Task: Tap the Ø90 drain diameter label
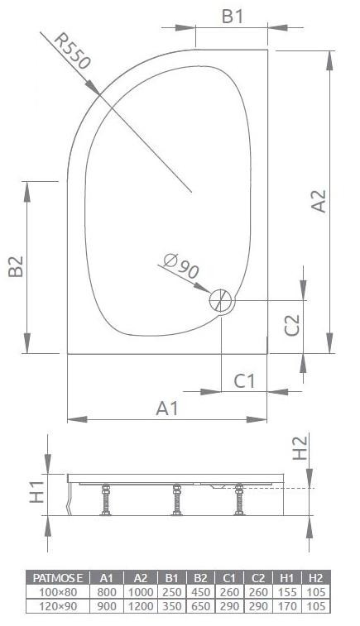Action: [181, 269]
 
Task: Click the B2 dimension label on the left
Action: [14, 266]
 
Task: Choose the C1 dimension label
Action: [245, 381]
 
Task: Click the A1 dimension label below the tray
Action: [168, 409]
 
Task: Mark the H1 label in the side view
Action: [36, 494]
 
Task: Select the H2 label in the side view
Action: [300, 447]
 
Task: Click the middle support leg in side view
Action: [175, 500]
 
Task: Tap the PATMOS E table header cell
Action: [59, 577]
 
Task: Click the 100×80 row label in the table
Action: [59, 591]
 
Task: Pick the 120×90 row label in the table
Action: [59, 605]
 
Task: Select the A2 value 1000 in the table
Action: [140, 591]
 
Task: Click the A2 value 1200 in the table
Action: [140, 605]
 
